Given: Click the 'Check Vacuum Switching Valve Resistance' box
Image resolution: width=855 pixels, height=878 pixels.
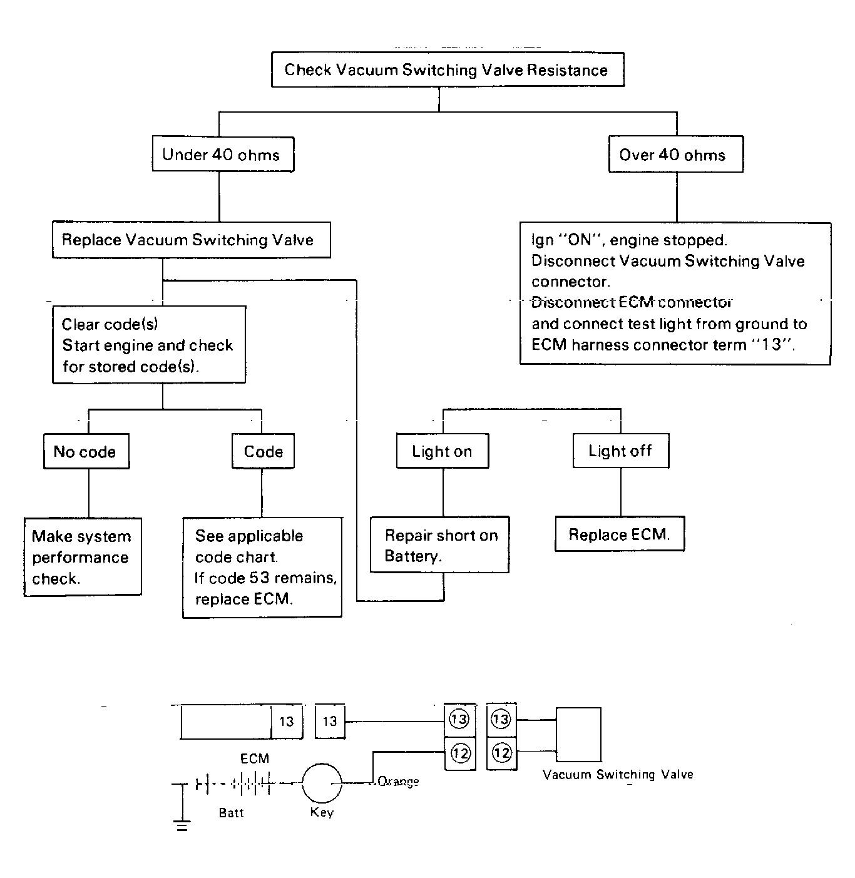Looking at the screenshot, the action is pyautogui.click(x=448, y=69).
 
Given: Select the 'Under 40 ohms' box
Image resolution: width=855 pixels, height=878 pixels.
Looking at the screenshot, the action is pyautogui.click(x=223, y=155).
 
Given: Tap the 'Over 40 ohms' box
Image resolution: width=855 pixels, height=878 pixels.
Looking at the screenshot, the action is pyautogui.click(x=676, y=155).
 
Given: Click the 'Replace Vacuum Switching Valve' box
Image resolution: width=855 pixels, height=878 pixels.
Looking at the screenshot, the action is pyautogui.click(x=192, y=240).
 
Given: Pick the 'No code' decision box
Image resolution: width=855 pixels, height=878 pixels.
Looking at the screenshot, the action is pyautogui.click(x=86, y=451).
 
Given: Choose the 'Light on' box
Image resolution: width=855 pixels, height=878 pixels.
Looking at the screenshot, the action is pyautogui.click(x=442, y=451).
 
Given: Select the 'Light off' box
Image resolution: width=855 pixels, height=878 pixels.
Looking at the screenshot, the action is pyautogui.click(x=621, y=451).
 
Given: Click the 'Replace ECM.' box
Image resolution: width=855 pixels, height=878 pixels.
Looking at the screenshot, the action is pyautogui.click(x=620, y=534).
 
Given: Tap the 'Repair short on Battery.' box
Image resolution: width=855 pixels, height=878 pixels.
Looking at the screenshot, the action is pyautogui.click(x=439, y=544).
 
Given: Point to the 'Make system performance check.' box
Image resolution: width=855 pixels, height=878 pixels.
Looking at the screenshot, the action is pyautogui.click(x=83, y=557).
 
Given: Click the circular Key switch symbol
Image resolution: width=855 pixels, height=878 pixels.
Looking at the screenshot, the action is pyautogui.click(x=322, y=784).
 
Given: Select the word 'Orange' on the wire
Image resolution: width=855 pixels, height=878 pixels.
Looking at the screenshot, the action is pyautogui.click(x=398, y=782).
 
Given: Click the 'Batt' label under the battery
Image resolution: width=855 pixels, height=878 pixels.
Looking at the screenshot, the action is pyautogui.click(x=231, y=812).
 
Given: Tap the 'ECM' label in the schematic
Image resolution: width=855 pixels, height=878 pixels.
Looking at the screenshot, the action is pyautogui.click(x=255, y=758).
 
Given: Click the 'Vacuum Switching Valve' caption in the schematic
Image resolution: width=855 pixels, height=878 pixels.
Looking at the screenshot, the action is pyautogui.click(x=618, y=775).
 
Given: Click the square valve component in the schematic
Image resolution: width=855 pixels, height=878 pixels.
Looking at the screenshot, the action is pyautogui.click(x=578, y=735).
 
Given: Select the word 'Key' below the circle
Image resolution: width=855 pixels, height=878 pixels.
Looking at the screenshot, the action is pyautogui.click(x=322, y=812).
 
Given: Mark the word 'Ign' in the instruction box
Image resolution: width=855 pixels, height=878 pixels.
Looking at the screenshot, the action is pyautogui.click(x=542, y=240).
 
